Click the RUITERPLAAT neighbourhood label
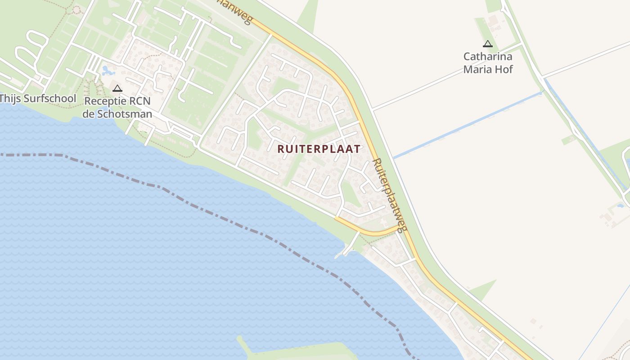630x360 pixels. click(x=319, y=149)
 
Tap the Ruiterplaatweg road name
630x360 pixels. click(x=390, y=195)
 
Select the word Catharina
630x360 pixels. click(x=488, y=57)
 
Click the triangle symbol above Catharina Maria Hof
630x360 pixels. click(x=487, y=44)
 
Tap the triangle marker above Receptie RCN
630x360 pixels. click(x=117, y=88)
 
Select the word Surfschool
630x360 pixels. click(x=50, y=98)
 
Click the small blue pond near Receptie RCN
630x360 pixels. click(x=107, y=71)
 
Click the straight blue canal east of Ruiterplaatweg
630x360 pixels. click(x=468, y=125)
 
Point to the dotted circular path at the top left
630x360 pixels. click(x=76, y=10)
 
